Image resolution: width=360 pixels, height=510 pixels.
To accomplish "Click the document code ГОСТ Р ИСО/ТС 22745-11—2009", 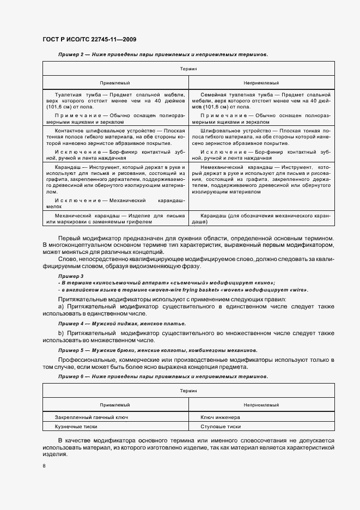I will (x=89, y=39).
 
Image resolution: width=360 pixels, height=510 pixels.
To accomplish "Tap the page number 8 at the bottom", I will (x=44, y=466).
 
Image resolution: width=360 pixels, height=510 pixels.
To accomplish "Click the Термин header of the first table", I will (x=188, y=69).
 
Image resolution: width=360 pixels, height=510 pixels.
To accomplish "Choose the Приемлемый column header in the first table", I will (x=115, y=83).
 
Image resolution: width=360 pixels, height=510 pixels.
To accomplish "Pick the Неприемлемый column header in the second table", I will (x=261, y=405).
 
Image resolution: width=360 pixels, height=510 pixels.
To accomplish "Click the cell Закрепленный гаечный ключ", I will (x=91, y=417).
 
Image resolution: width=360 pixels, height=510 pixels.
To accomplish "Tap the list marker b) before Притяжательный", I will (x=61, y=332).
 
